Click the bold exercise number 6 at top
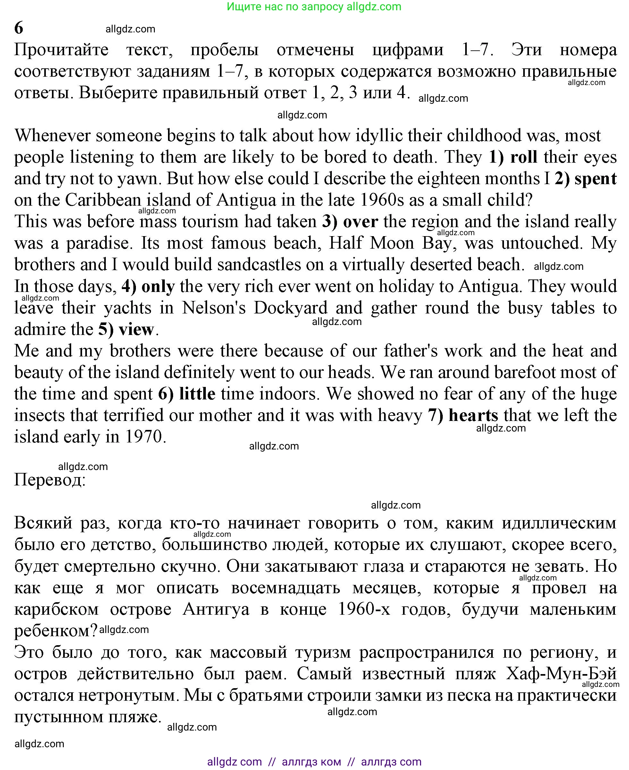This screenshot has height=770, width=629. tap(19, 28)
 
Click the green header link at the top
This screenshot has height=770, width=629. tap(314, 6)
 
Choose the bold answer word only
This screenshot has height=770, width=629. tap(158, 287)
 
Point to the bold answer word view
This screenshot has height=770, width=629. tap(136, 329)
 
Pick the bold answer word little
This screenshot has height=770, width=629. tap(197, 394)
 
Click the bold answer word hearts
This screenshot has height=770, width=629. tap(473, 415)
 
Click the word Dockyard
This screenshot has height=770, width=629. tap(290, 308)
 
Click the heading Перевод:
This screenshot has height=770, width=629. tap(50, 480)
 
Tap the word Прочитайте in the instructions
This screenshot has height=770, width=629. tap(61, 50)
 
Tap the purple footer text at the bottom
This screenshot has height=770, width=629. tap(314, 762)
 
